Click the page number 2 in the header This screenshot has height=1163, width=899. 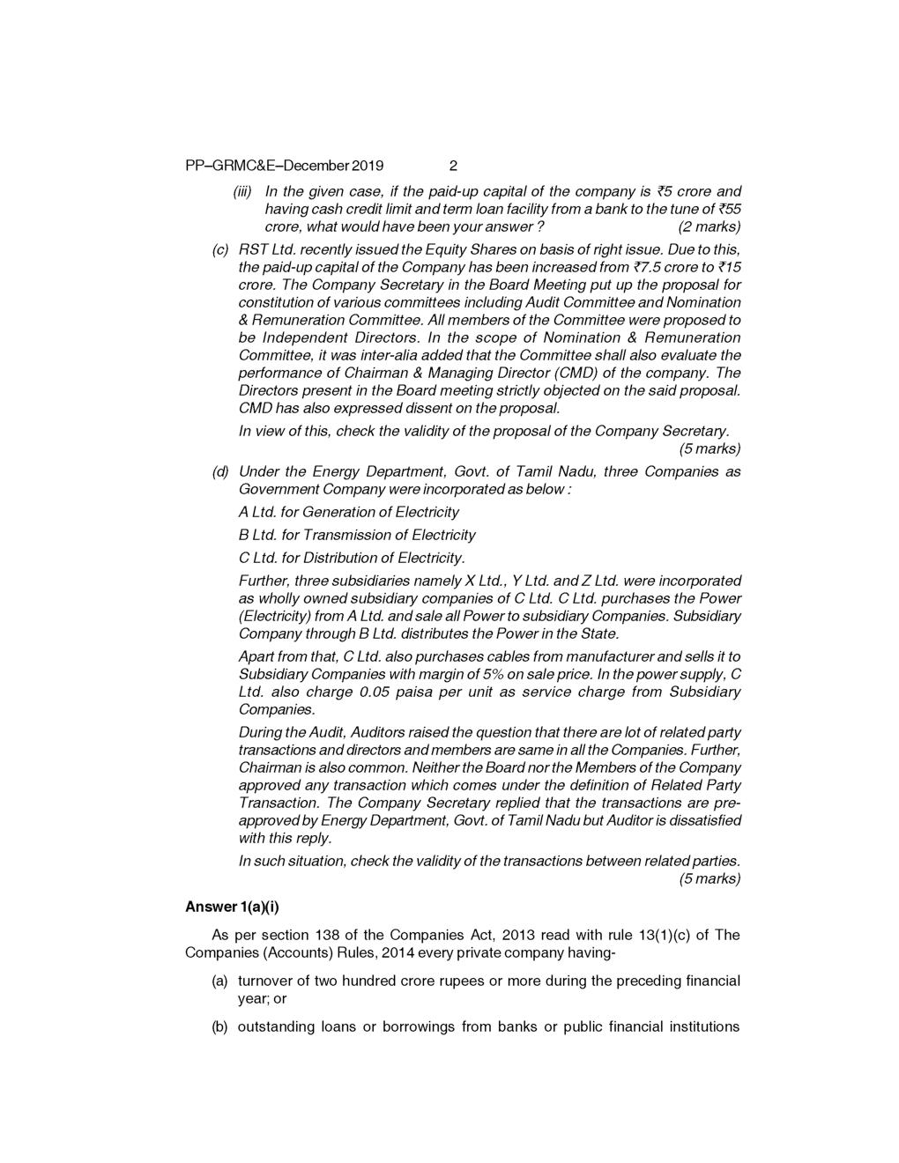click(453, 166)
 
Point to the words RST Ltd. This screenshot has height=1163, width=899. click(260, 249)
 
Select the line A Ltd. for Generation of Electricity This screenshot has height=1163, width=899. click(349, 512)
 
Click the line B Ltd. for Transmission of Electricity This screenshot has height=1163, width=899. click(357, 535)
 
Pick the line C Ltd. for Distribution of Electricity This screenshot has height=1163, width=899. click(352, 558)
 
